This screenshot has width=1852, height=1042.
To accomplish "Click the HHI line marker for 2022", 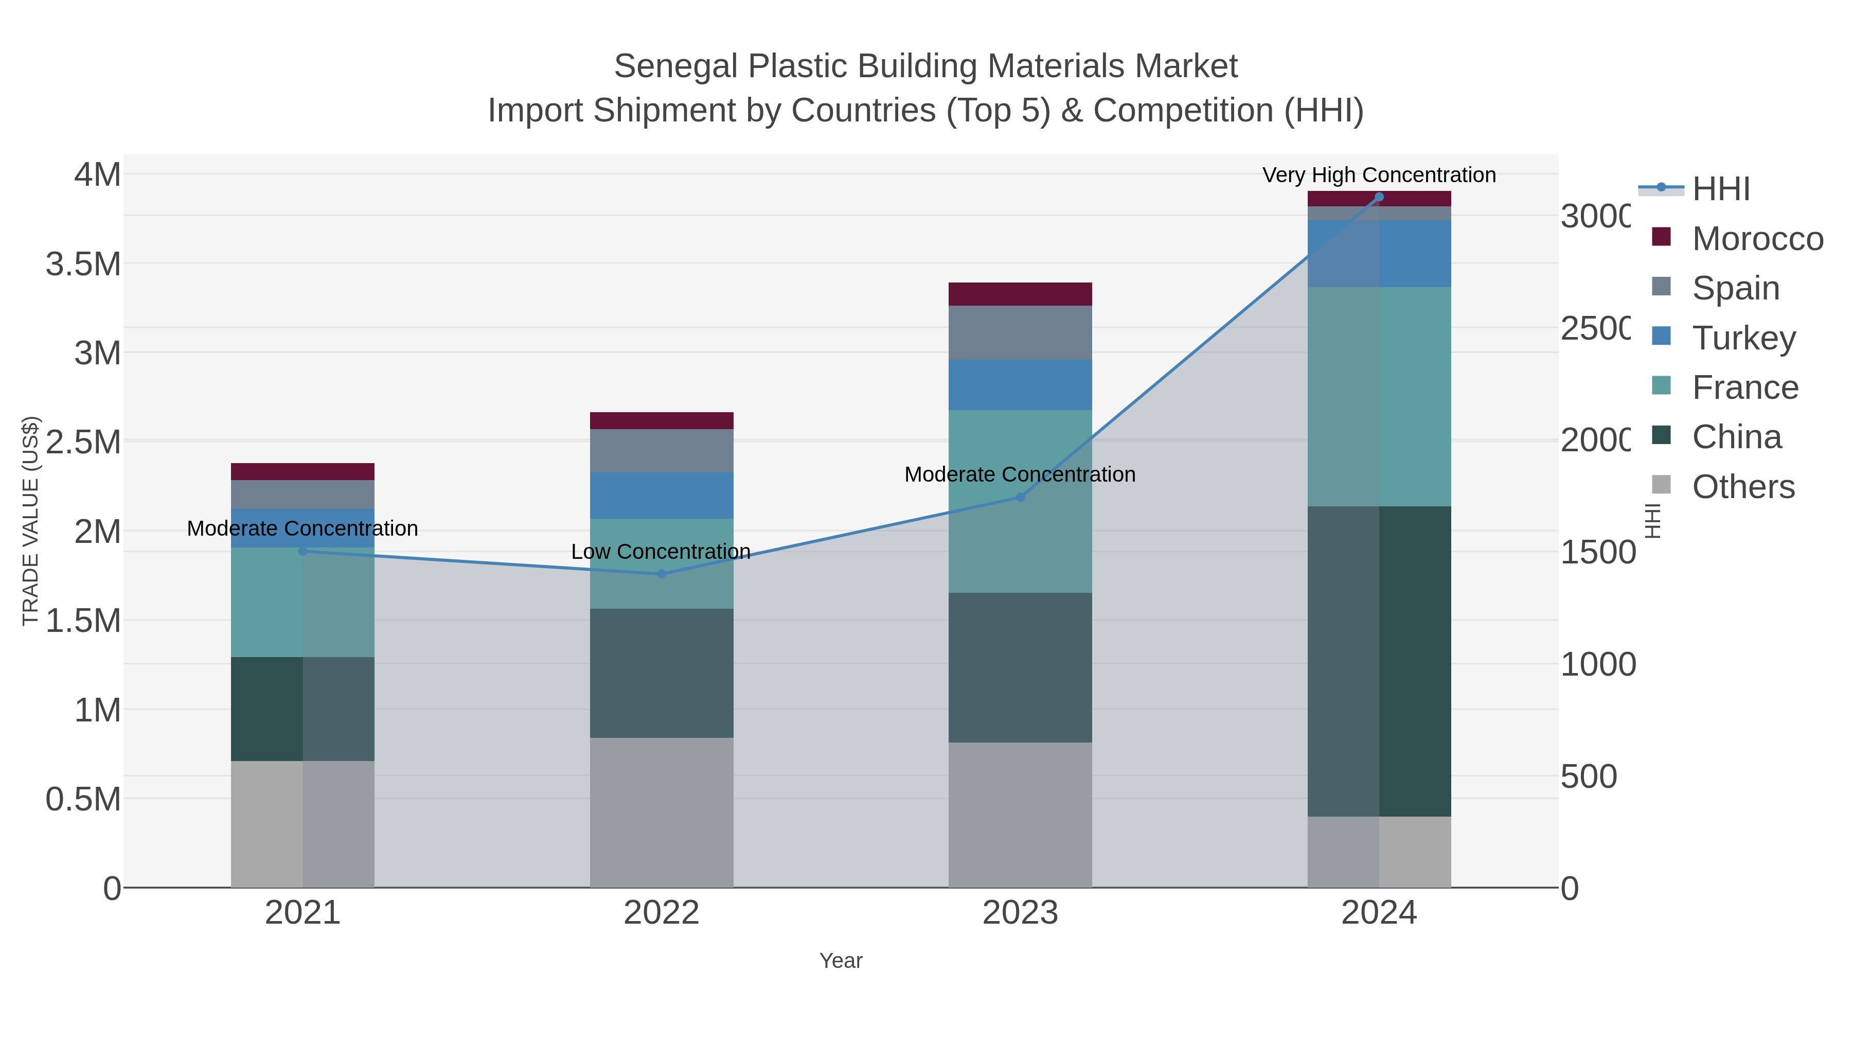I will tap(662, 574).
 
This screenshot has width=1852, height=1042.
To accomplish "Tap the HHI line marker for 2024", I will tap(1379, 197).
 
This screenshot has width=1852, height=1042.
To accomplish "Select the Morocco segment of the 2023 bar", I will tap(1020, 294).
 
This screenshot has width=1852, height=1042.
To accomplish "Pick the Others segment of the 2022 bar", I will tap(662, 812).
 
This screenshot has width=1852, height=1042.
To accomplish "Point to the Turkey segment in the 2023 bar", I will tap(1020, 385).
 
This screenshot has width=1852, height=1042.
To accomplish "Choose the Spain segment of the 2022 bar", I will tap(662, 451).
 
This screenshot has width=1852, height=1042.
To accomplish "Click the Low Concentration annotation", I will tap(660, 552).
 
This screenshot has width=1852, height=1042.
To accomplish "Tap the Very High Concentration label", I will tap(1378, 175).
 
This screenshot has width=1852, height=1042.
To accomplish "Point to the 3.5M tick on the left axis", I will tap(83, 264).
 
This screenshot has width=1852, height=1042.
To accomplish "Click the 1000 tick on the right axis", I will tap(1597, 664).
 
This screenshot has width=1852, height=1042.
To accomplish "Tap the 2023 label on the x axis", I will tap(1020, 912).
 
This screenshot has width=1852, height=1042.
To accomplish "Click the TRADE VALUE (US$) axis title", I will tap(30, 521).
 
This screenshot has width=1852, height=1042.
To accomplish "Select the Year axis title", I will tap(841, 960).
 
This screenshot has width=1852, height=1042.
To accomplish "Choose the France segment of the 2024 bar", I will tap(1379, 396).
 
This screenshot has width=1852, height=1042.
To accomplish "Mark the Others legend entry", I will tap(1743, 487).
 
